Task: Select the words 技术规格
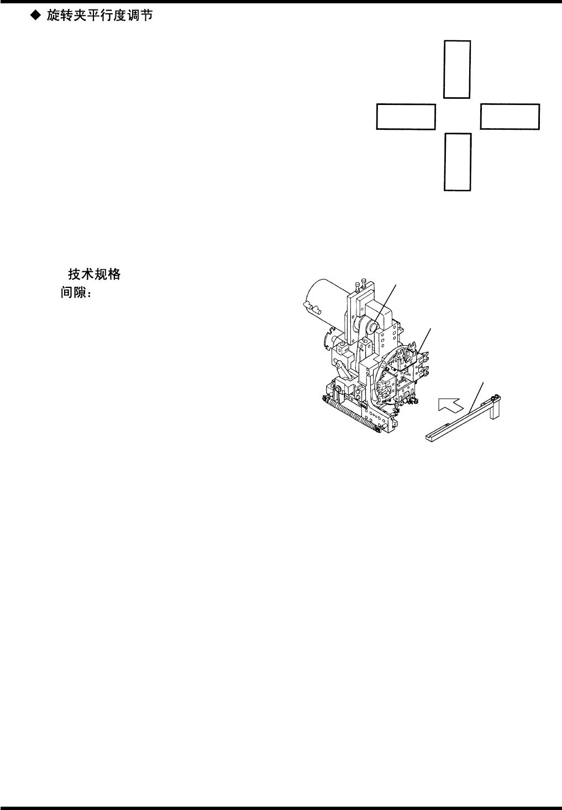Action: tap(94, 274)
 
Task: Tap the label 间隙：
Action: tap(76, 293)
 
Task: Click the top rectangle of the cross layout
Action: tap(457, 69)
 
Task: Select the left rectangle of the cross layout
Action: tap(406, 116)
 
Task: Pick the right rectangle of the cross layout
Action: tap(510, 116)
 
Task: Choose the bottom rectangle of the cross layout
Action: tap(458, 162)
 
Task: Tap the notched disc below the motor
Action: tap(330, 338)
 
